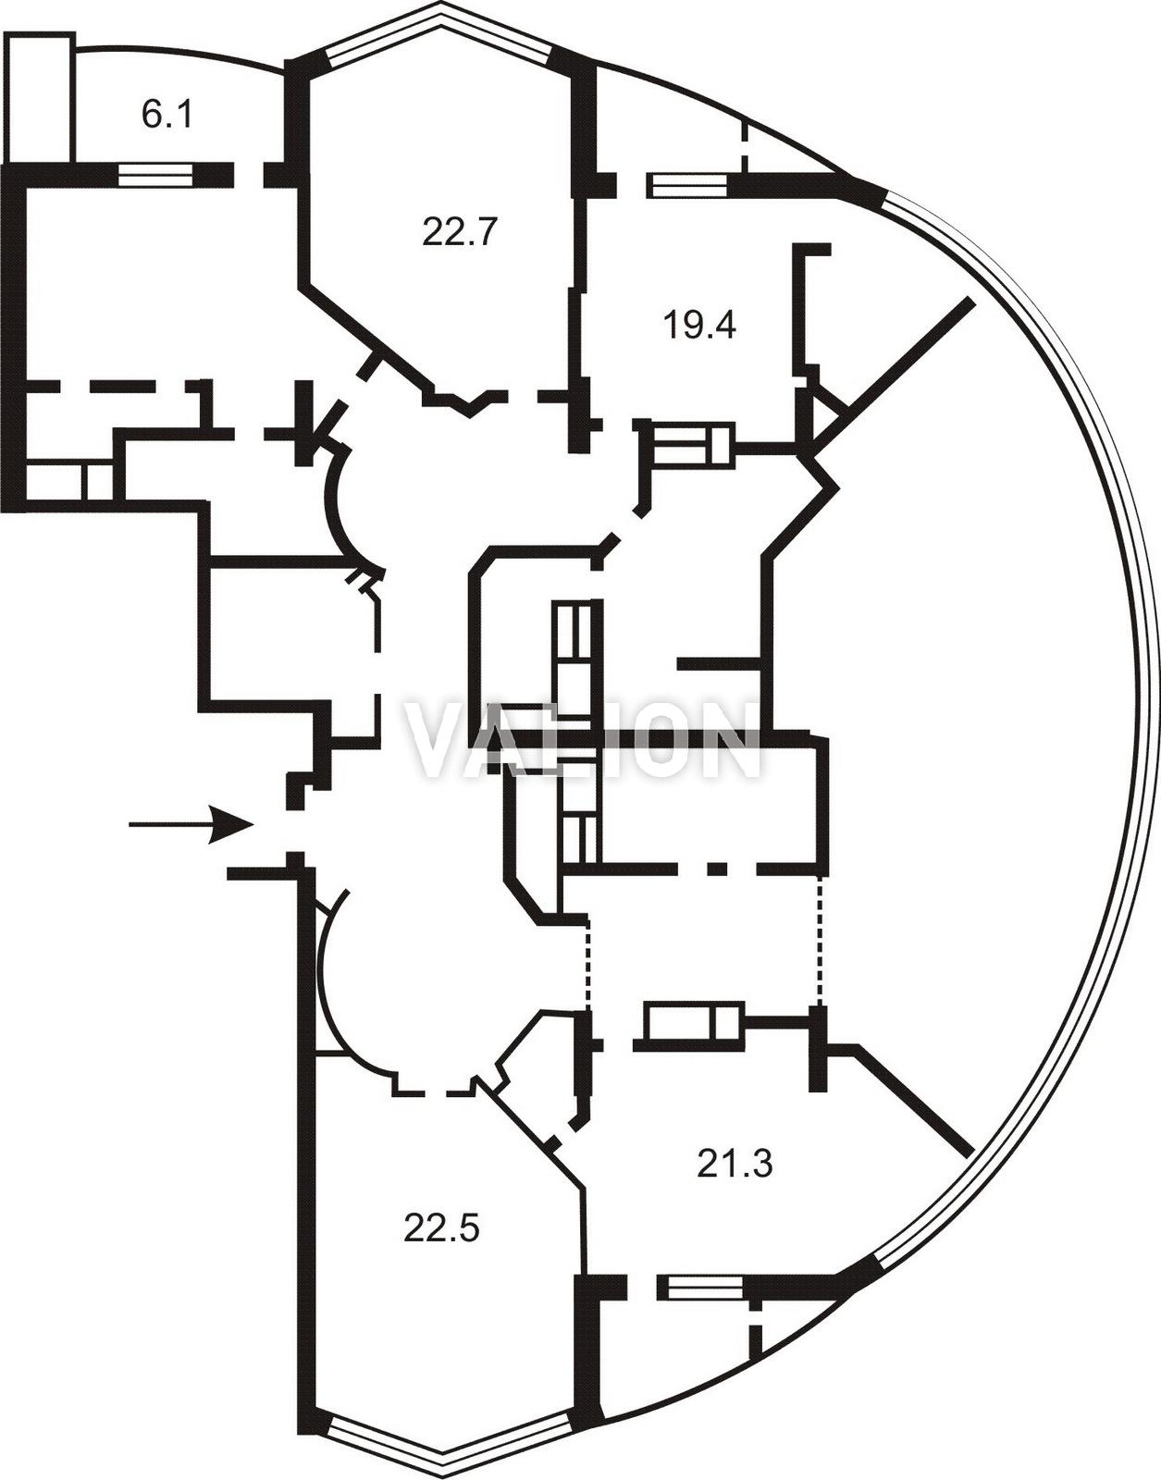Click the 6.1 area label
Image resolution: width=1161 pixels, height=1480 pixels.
tap(167, 114)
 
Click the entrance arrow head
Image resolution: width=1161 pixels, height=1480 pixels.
tap(230, 825)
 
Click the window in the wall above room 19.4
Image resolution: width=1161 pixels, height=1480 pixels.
tap(687, 185)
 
